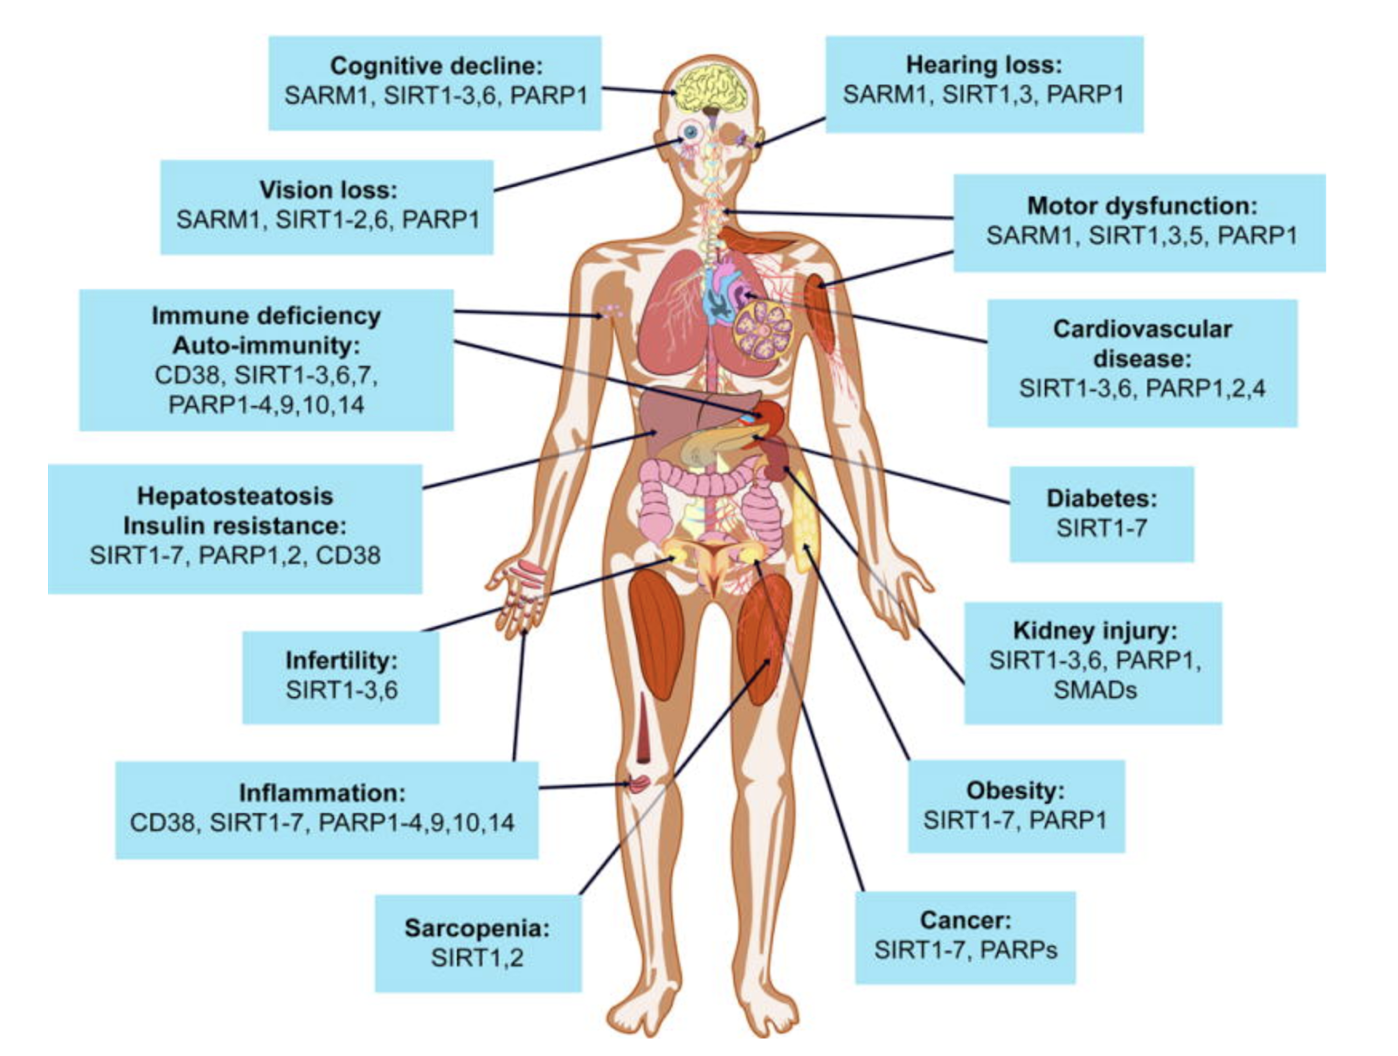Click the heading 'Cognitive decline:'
click(x=436, y=66)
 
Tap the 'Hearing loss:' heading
click(x=984, y=65)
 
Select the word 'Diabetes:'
click(x=1101, y=498)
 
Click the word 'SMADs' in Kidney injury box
click(x=1095, y=690)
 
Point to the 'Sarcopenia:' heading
click(x=477, y=928)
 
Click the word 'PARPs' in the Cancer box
click(x=1019, y=949)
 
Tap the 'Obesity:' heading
click(x=1015, y=790)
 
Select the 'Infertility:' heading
click(x=341, y=660)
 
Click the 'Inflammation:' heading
click(x=322, y=793)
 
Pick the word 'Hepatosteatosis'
click(x=235, y=496)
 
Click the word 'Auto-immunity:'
click(x=266, y=346)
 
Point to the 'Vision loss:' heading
click(x=328, y=190)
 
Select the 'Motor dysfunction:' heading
click(x=1141, y=206)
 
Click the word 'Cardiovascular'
click(x=1142, y=329)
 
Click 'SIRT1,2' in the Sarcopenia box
click(x=477, y=957)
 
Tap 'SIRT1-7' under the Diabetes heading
click(x=1101, y=528)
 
